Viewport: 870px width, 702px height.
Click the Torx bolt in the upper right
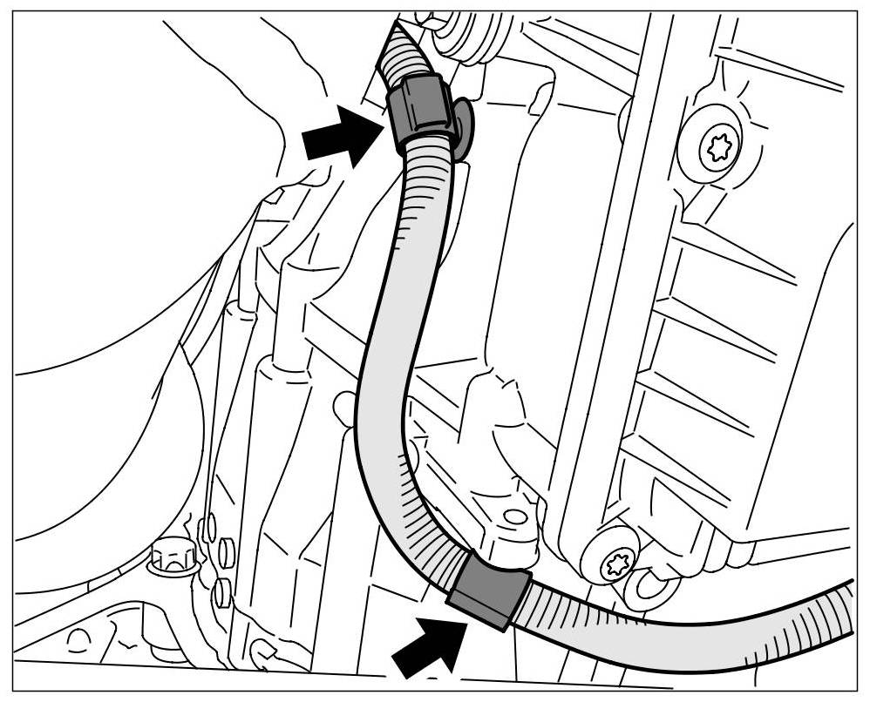pyautogui.click(x=719, y=149)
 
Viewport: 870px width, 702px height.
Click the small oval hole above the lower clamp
pyautogui.click(x=516, y=516)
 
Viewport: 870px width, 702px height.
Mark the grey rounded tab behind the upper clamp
pyautogui.click(x=462, y=126)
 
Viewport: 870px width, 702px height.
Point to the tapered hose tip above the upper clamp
pyautogui.click(x=404, y=49)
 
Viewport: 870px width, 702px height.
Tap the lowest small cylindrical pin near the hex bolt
pyautogui.click(x=222, y=594)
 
